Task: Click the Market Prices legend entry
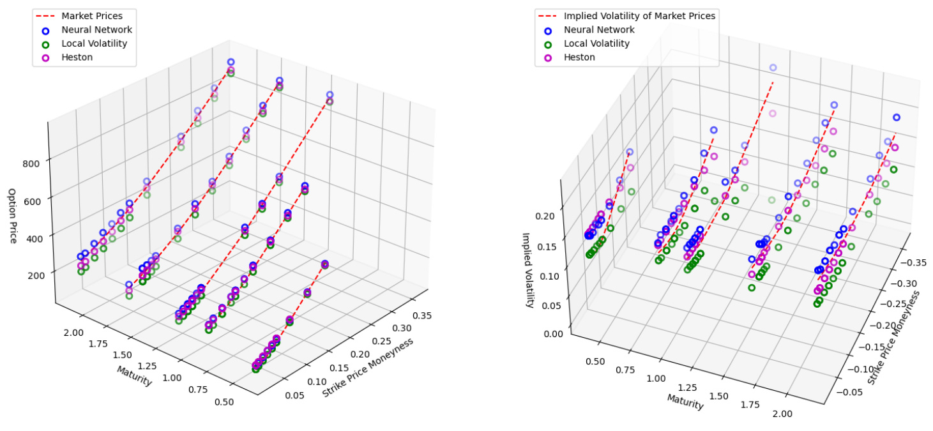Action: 91,15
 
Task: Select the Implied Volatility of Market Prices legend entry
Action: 639,15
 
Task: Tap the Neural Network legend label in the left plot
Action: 97,29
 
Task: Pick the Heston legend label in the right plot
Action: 579,57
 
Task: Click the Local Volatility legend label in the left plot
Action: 94,43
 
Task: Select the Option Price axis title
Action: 12,216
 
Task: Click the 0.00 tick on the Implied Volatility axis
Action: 553,333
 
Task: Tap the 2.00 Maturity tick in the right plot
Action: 782,414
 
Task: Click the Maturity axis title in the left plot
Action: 134,376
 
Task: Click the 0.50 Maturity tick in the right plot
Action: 595,361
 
